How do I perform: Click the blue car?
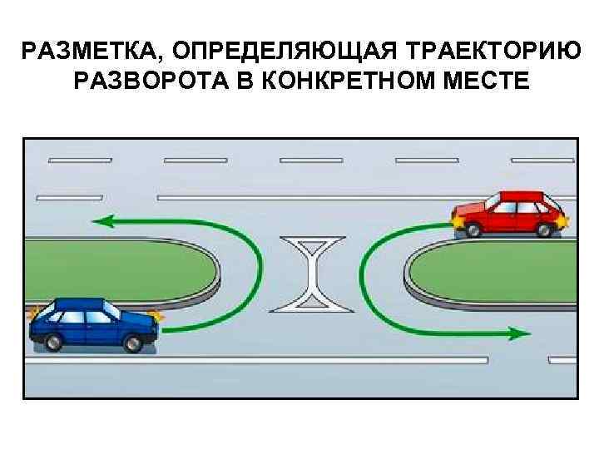point(93,324)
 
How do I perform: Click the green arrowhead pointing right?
point(520,334)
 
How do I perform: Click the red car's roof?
point(520,196)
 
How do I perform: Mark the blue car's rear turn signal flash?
point(33,314)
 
